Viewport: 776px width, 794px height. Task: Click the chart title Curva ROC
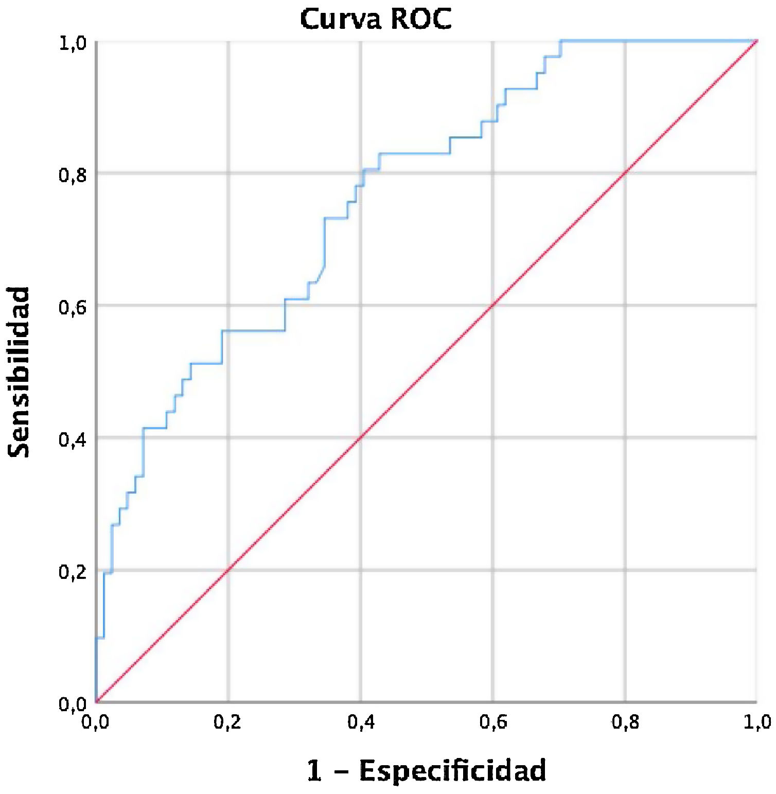pos(376,19)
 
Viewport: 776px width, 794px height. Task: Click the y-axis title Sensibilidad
pos(19,372)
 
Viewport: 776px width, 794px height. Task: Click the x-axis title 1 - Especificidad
pos(426,770)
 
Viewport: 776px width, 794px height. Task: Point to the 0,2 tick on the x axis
pos(228,722)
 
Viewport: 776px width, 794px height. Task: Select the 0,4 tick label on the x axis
pos(360,722)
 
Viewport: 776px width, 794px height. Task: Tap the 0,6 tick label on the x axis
pos(493,722)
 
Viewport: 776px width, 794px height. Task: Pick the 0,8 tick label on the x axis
pos(625,722)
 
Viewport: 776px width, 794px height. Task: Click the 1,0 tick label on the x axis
pos(757,722)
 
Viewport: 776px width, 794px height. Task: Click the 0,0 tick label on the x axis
pos(95,722)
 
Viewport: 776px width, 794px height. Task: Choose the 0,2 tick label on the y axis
pos(72,571)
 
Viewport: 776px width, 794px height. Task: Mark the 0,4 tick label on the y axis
pos(72,439)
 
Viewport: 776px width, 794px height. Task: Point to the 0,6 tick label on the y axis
pos(72,307)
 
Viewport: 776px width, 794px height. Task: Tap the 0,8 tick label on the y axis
pos(72,174)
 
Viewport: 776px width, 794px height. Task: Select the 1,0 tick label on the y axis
pos(72,42)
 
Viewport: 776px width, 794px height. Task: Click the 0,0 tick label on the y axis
pos(72,703)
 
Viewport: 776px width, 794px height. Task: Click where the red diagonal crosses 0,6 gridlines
pos(493,305)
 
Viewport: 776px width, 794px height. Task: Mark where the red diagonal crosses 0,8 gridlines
pos(625,173)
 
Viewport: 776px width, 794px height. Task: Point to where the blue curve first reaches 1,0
pos(561,41)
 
